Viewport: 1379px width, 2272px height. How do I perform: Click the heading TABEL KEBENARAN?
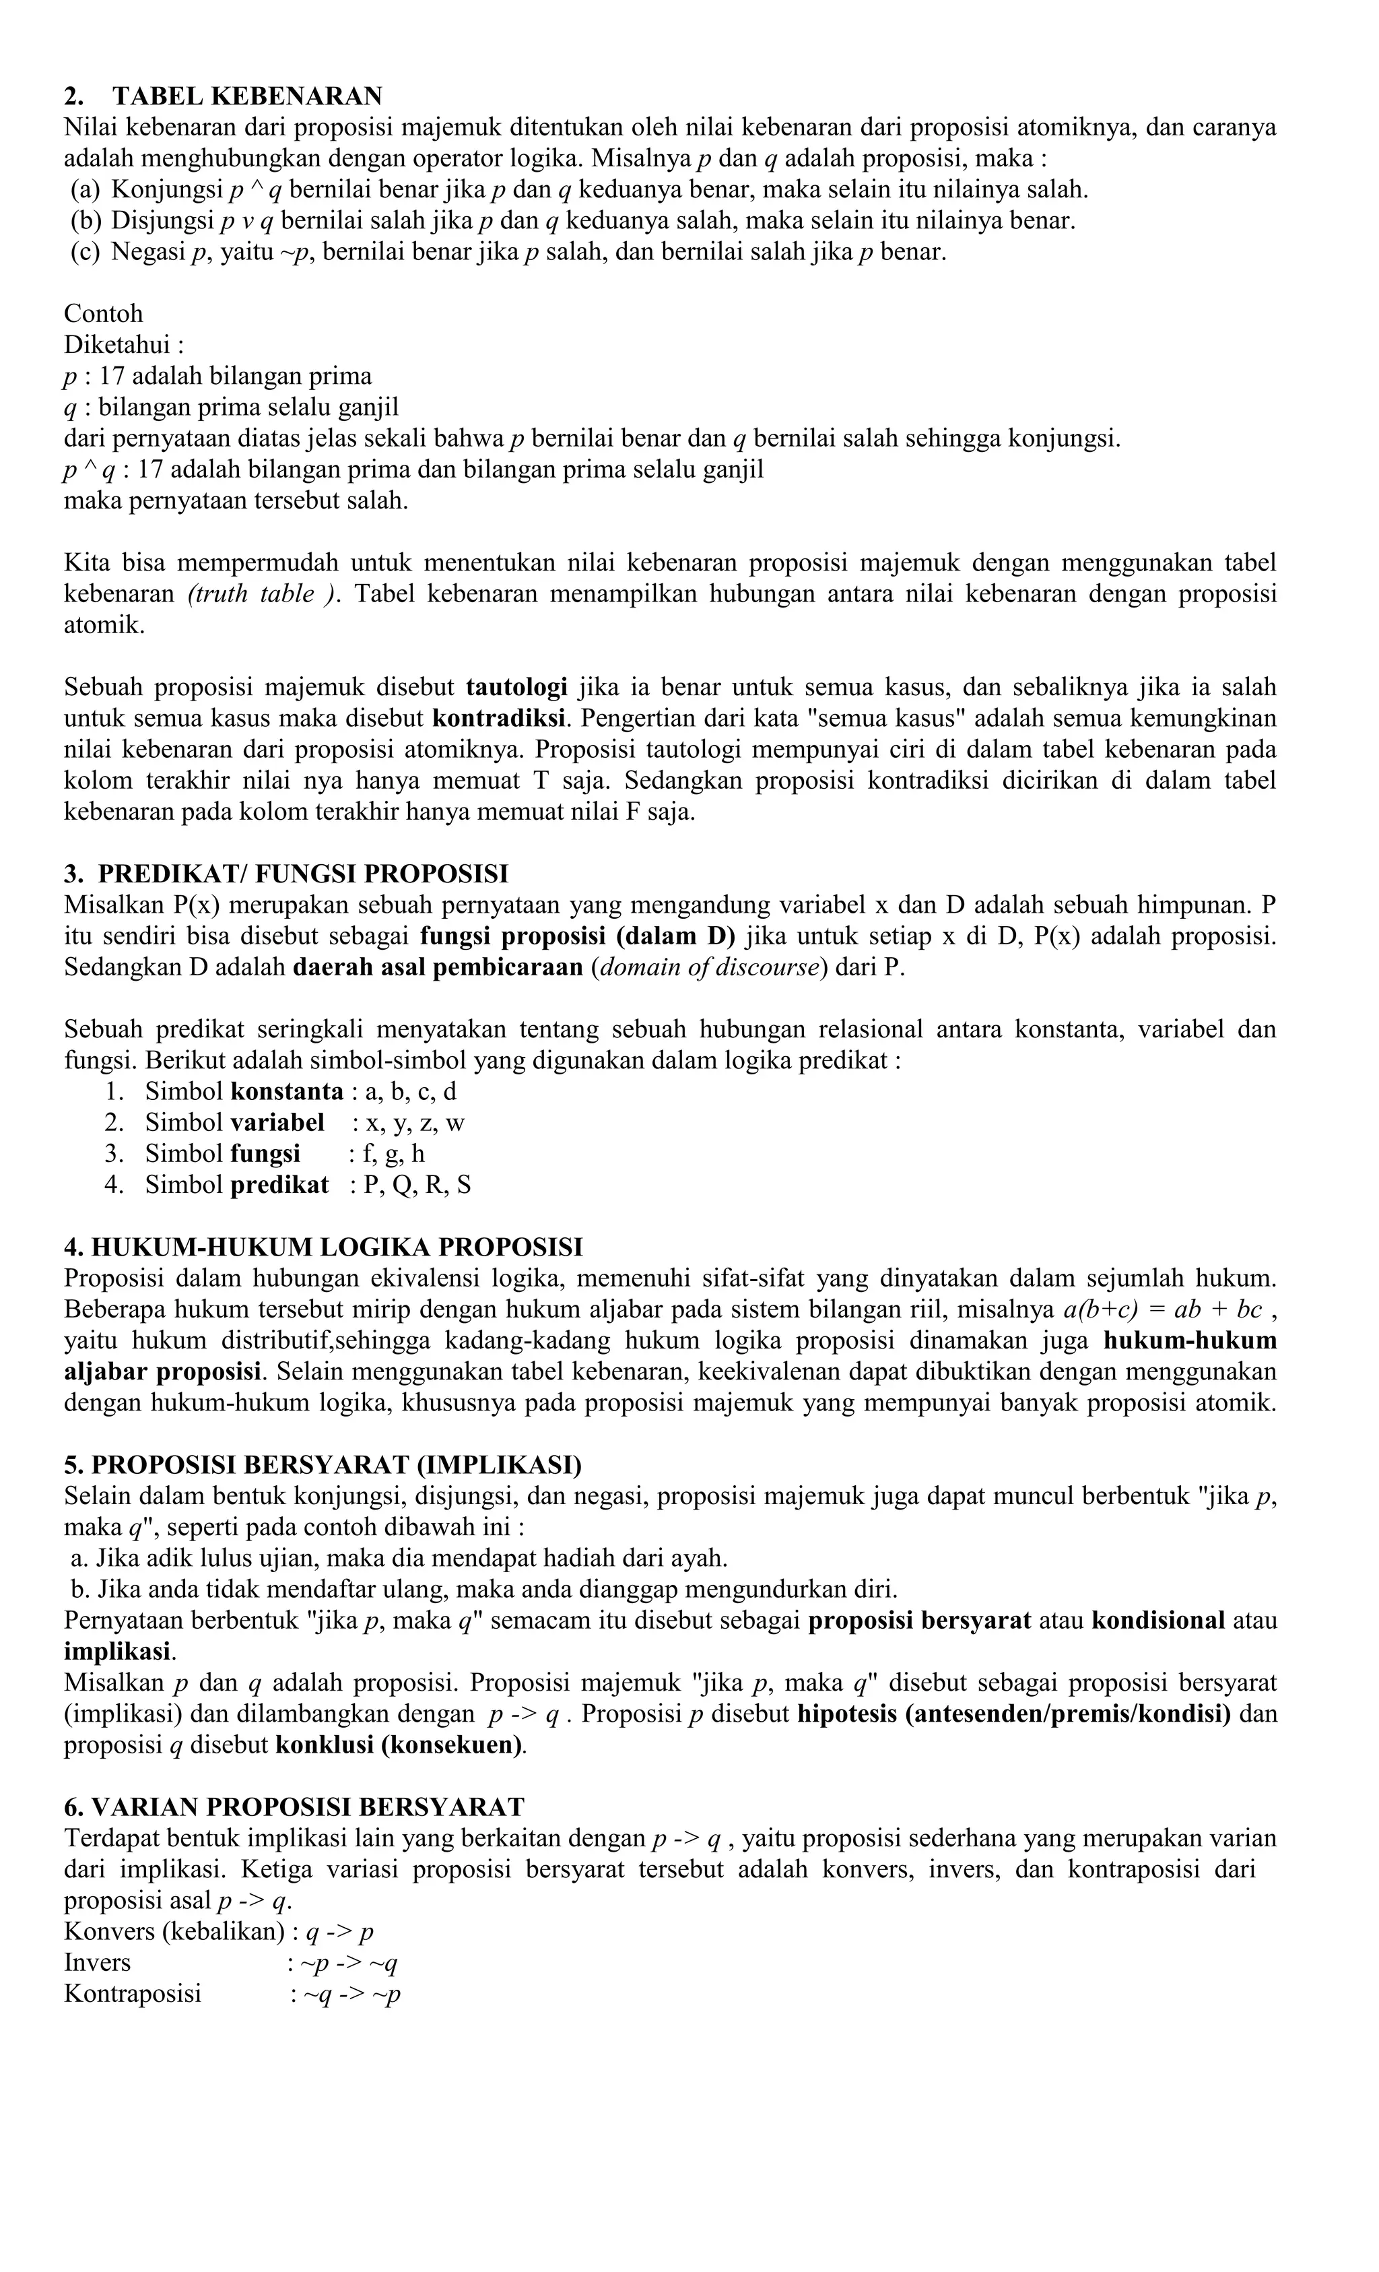tap(246, 96)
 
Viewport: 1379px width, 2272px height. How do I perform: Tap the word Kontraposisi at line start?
tap(132, 1994)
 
